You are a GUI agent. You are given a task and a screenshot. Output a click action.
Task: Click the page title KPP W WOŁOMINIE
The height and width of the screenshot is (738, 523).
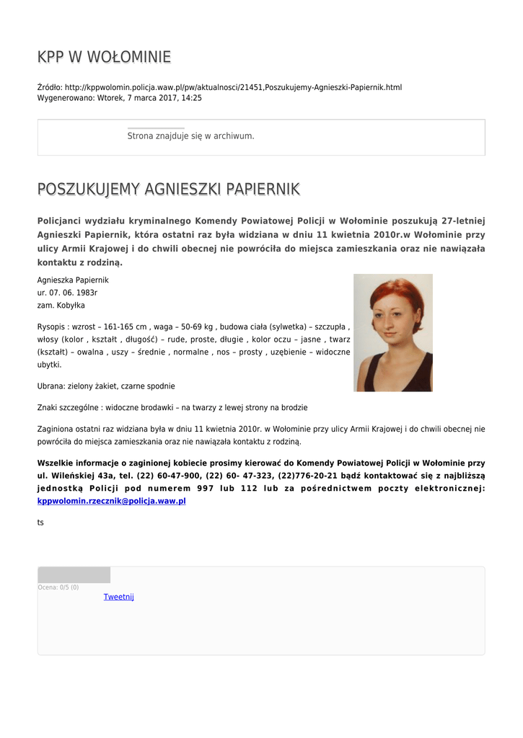[104, 57]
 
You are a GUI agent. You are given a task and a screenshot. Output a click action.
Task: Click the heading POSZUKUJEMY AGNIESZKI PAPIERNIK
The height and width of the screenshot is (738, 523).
[168, 190]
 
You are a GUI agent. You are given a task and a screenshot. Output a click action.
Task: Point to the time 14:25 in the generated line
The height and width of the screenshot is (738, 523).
[192, 98]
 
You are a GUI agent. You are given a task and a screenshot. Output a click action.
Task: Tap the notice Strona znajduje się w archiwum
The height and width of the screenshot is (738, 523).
[190, 135]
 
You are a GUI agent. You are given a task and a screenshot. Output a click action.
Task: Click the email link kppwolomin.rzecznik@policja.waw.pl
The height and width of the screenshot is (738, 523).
[111, 500]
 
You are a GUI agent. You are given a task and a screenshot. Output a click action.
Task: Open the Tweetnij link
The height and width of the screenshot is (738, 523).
[118, 597]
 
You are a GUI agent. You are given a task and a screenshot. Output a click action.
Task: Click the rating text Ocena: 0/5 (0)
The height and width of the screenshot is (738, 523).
[58, 587]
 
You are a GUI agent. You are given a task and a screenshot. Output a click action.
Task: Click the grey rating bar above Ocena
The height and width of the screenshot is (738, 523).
[74, 575]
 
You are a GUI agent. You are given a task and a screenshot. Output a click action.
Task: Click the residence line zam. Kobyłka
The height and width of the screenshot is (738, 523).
[61, 306]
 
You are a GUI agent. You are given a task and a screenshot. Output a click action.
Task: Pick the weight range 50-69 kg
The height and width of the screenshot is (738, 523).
[195, 326]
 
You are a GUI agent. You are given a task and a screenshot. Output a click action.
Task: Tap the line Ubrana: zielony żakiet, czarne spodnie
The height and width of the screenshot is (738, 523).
[106, 386]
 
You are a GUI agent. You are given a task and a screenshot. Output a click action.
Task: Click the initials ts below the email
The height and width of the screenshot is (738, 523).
[40, 522]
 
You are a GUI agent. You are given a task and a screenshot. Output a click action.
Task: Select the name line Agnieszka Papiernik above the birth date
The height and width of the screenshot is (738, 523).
[73, 280]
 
